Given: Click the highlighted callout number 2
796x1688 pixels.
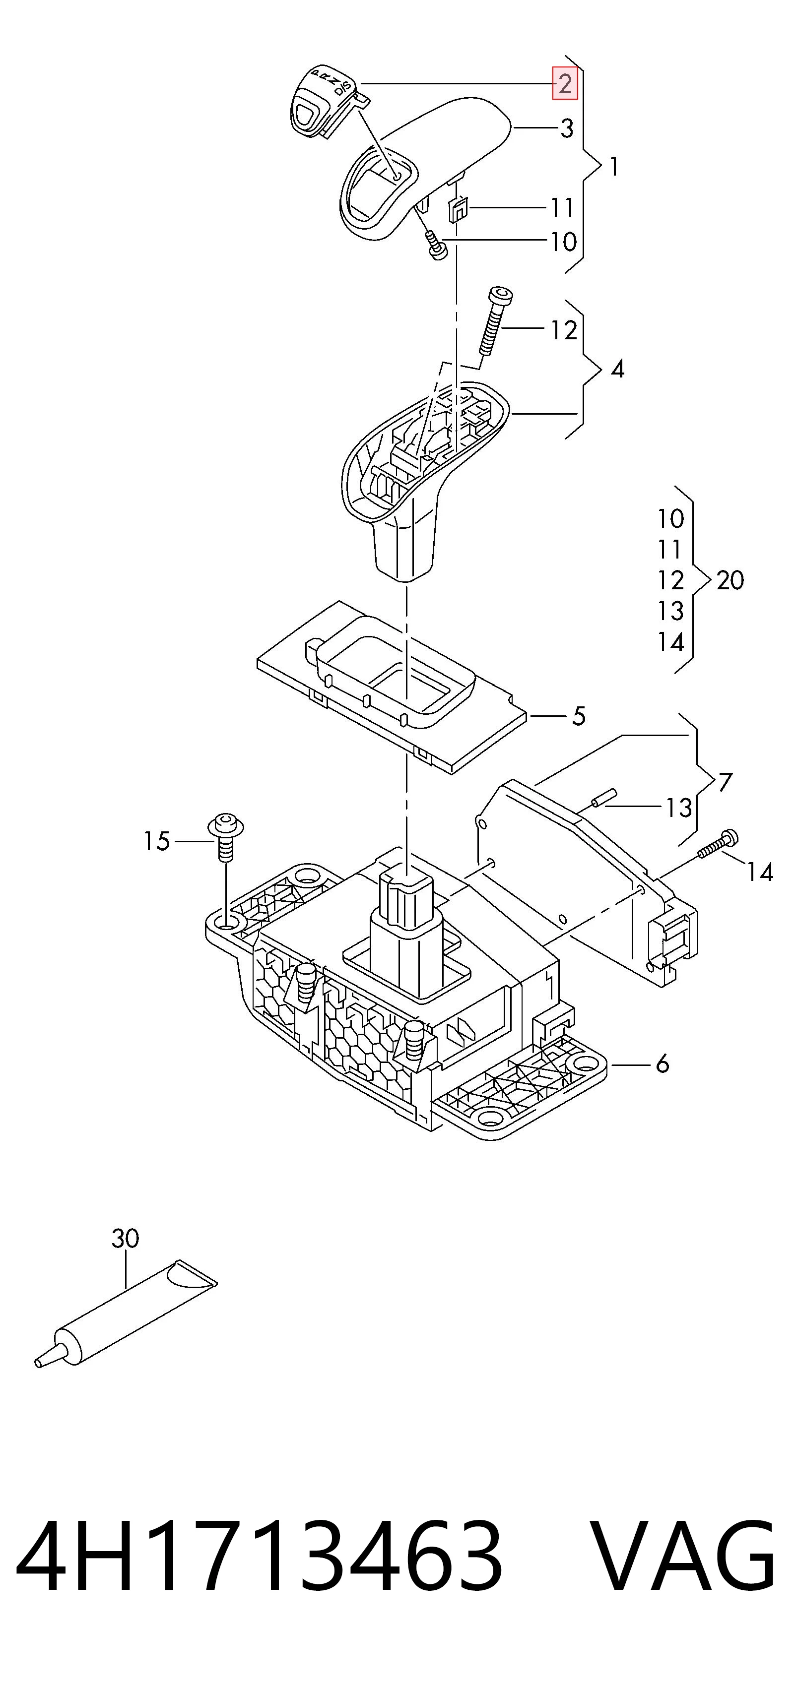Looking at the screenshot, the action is [x=565, y=83].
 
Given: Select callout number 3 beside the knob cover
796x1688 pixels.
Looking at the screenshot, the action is [x=567, y=128].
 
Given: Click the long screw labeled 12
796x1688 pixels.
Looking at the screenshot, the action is [x=494, y=320].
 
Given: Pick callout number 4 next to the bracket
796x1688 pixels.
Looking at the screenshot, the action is [x=617, y=370].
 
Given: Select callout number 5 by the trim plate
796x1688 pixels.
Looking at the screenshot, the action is [x=578, y=716].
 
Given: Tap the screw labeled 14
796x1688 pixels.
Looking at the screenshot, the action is [x=719, y=844].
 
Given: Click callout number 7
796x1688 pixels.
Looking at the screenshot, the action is [x=725, y=782].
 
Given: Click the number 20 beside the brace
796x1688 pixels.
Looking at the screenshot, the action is [x=730, y=580].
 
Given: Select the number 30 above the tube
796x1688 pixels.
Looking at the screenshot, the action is [x=125, y=1239].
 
